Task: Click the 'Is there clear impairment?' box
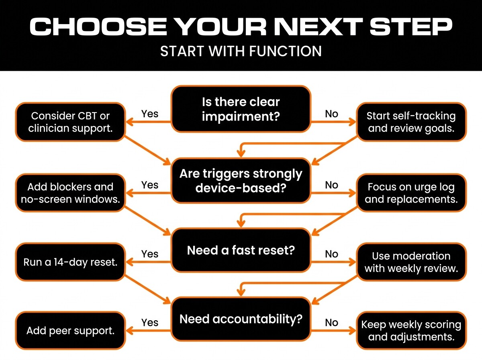point(241,109)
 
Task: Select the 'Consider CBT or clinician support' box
point(70,122)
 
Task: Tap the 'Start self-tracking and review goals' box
point(411,122)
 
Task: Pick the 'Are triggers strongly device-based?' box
point(241,180)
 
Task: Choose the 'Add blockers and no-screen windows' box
point(70,192)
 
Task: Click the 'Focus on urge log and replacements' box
point(411,192)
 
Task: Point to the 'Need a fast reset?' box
point(241,250)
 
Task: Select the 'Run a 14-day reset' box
point(70,262)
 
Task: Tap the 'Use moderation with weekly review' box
point(411,262)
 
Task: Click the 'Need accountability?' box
point(241,319)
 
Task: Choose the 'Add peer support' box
point(70,331)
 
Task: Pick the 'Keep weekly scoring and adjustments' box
point(411,330)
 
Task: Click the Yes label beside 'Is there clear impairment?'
point(150,114)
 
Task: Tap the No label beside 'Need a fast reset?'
point(331,254)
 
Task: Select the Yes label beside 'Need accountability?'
point(150,322)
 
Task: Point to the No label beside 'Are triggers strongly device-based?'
point(331,185)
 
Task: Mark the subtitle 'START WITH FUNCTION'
point(241,51)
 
